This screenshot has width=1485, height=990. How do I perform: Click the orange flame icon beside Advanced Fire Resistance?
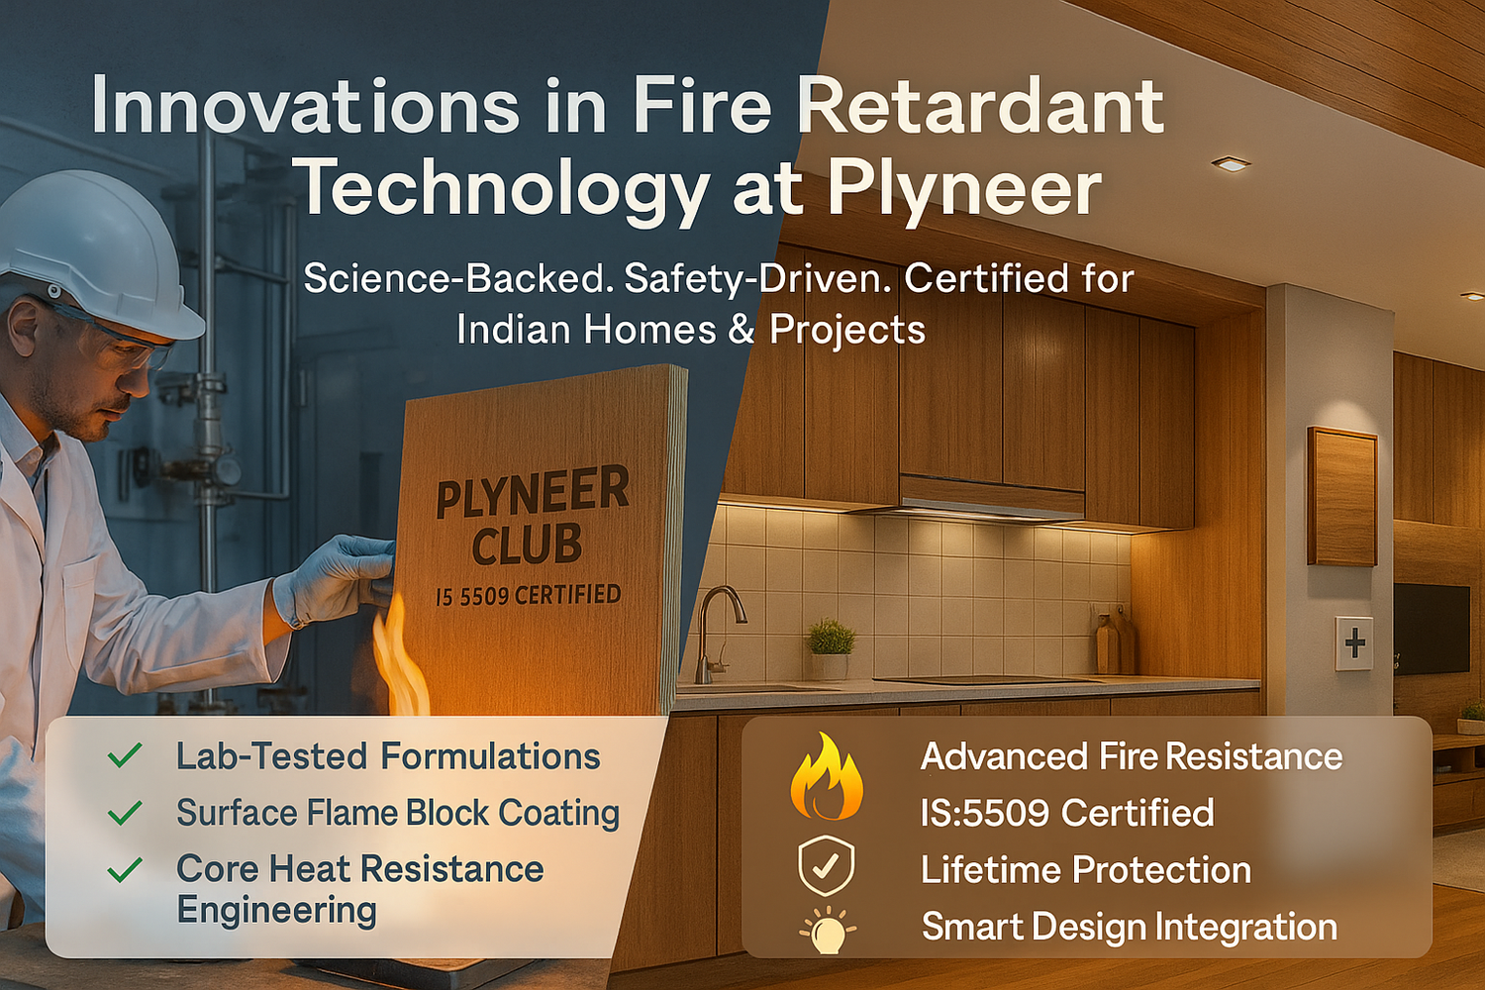point(826,776)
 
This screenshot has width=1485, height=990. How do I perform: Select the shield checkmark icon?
point(826,863)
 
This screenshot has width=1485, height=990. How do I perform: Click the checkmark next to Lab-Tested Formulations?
point(125,756)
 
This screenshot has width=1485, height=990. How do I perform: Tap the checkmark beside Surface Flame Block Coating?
point(125,814)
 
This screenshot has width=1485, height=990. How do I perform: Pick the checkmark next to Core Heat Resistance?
point(125,870)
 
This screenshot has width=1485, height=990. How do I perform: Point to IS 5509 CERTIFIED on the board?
point(528,595)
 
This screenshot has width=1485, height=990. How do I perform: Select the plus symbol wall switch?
point(1354,643)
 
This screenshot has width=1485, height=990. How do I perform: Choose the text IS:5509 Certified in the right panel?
point(1066,813)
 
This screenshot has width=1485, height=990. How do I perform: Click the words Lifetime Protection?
point(1085,870)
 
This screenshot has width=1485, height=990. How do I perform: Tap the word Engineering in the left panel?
point(276,910)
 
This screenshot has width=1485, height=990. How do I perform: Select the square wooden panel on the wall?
point(1341,496)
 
